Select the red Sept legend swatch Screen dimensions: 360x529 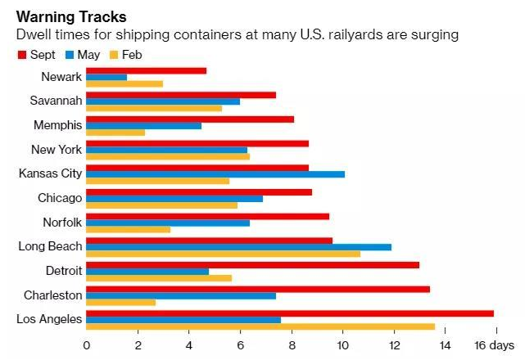[x=21, y=55]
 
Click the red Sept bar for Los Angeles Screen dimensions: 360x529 [x=290, y=313]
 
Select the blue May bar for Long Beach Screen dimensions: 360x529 [x=238, y=246]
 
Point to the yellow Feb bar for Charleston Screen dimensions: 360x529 [x=120, y=302]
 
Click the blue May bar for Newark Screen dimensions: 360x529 [x=106, y=77]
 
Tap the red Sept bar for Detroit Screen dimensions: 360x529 [x=252, y=264]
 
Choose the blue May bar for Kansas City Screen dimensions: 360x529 [x=215, y=173]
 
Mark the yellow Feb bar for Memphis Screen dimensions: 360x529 [x=115, y=132]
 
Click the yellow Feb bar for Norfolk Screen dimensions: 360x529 [x=128, y=229]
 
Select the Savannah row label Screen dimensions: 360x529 [x=56, y=101]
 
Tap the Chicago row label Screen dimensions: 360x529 [x=60, y=197]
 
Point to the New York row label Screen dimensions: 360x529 [x=57, y=149]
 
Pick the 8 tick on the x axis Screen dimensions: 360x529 [x=291, y=345]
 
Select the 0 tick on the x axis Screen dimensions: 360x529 [x=86, y=345]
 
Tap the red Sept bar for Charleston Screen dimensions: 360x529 [x=258, y=289]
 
